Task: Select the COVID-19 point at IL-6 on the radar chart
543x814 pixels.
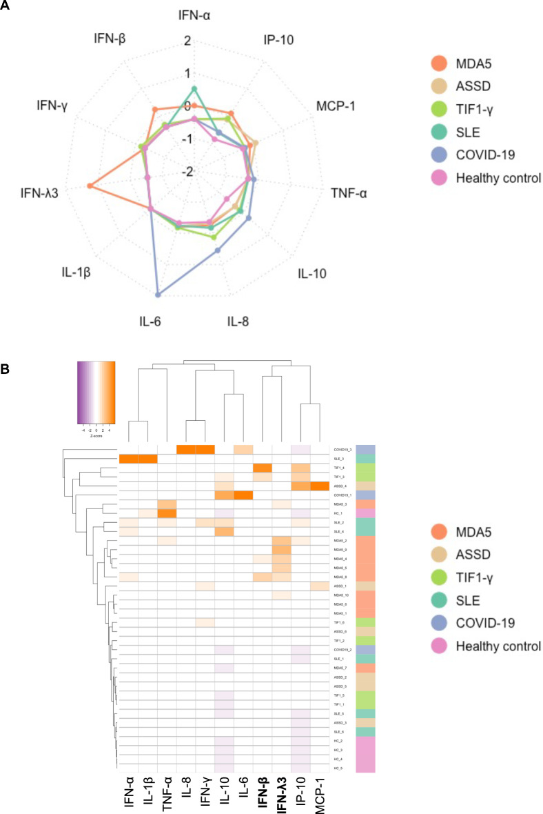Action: [x=159, y=295]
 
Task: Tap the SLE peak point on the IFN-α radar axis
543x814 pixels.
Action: [x=194, y=88]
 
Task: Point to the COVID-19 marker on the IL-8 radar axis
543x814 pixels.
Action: [x=218, y=250]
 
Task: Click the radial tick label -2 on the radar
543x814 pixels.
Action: [x=185, y=172]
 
